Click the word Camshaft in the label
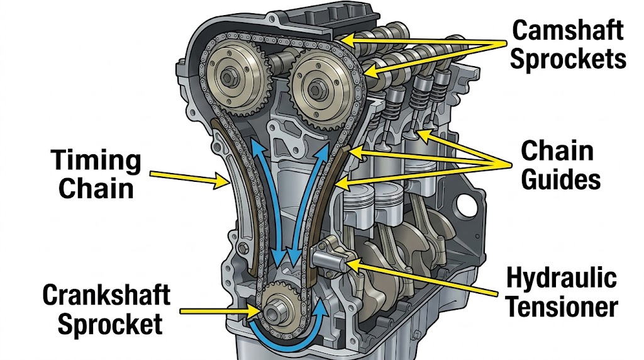click(568, 30)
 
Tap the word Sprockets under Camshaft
click(568, 58)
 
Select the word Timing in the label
click(96, 160)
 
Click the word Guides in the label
click(561, 180)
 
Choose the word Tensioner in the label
click(562, 307)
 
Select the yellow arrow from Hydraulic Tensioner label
click(427, 281)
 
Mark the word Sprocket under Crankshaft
click(111, 324)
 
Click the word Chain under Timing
click(96, 188)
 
